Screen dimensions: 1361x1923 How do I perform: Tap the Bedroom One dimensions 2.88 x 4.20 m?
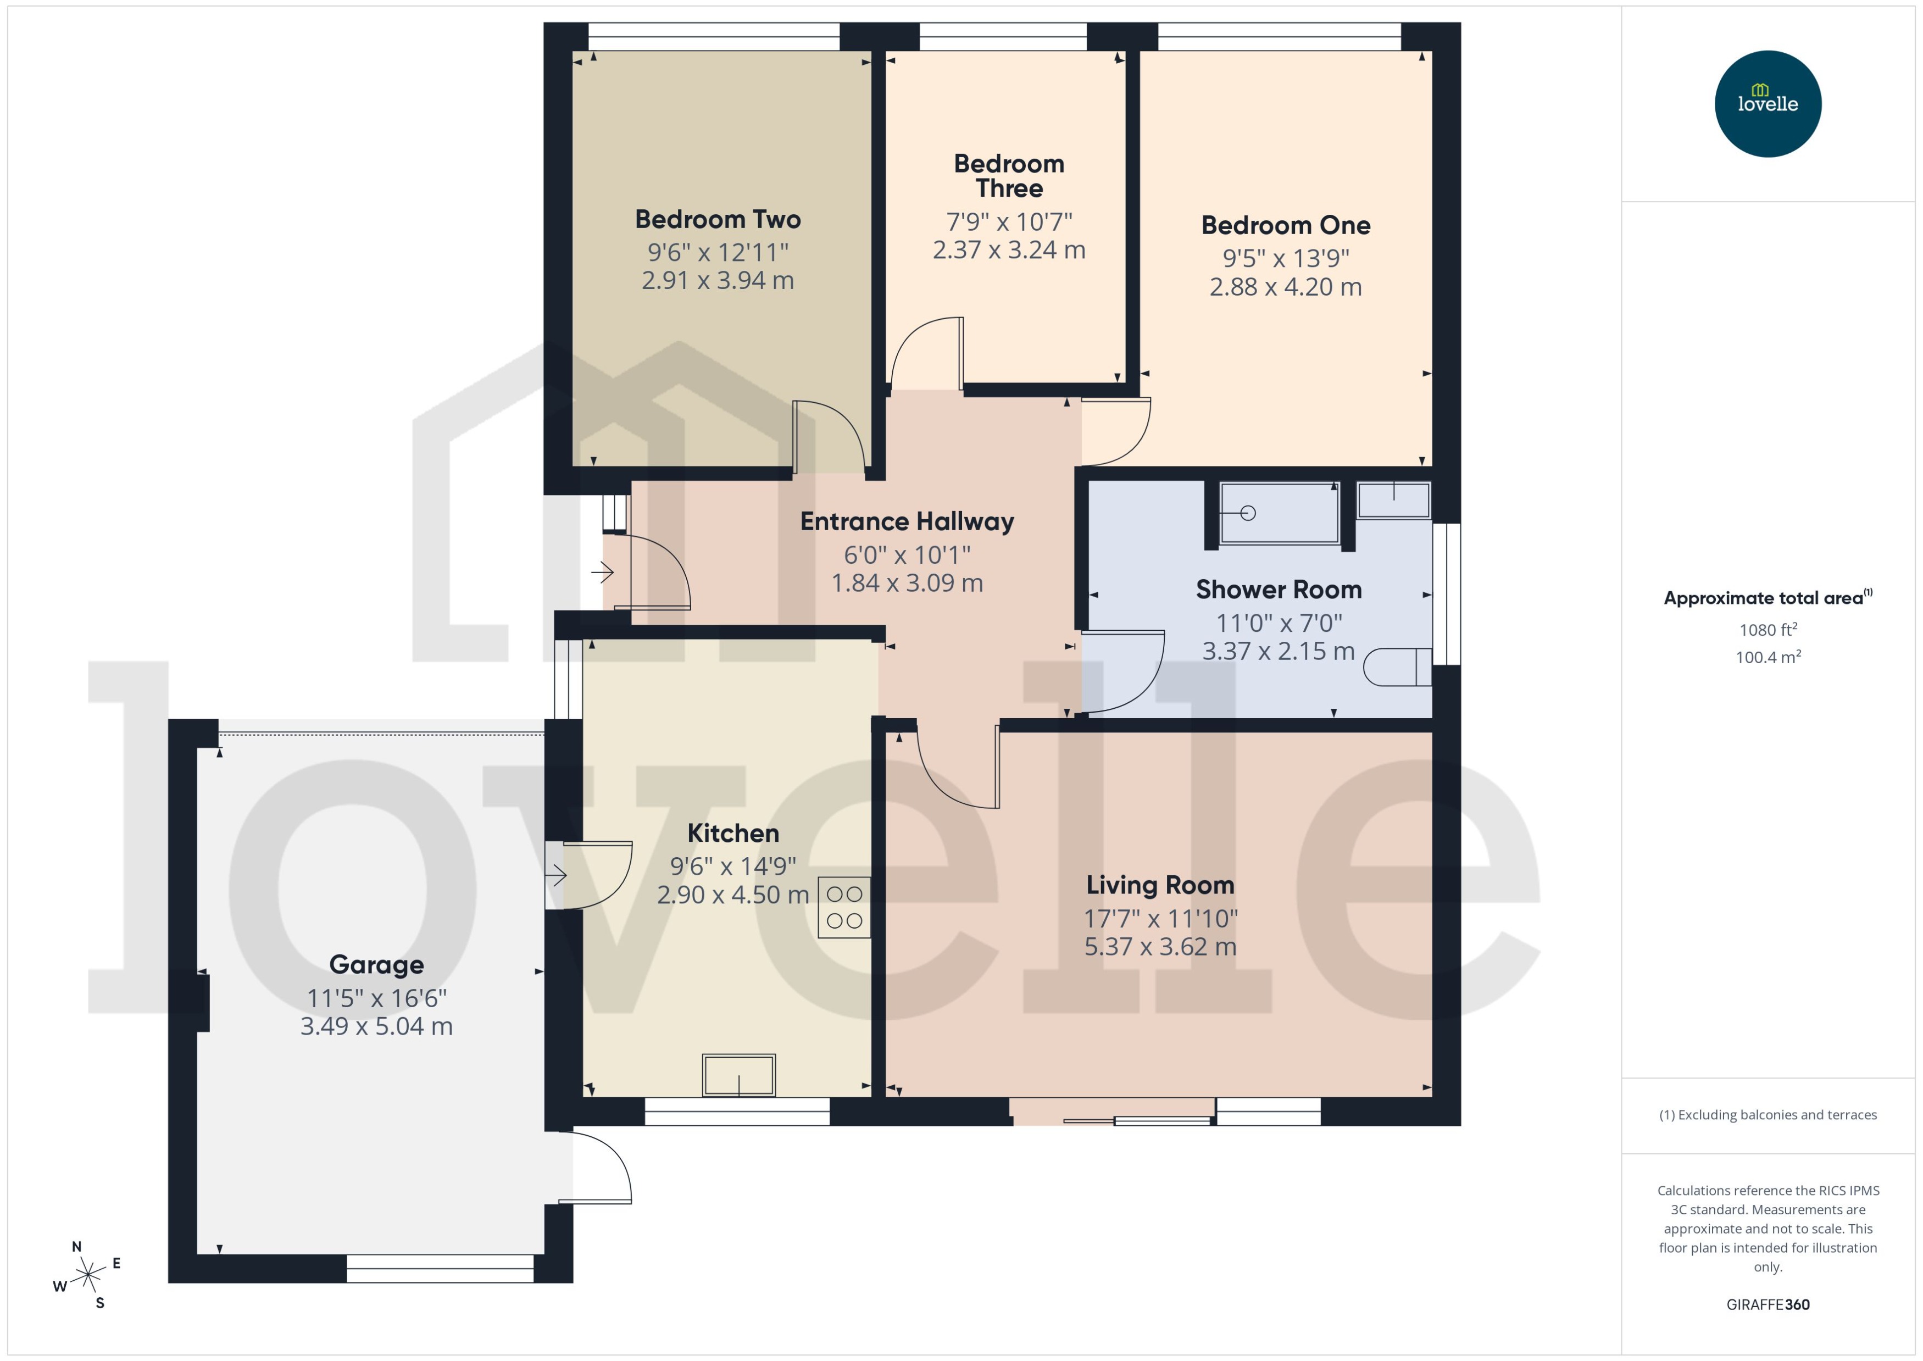point(1285,287)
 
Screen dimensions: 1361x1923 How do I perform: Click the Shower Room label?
point(1278,590)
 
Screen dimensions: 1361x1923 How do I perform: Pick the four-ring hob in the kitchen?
point(844,907)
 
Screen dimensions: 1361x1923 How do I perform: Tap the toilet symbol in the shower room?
point(1396,667)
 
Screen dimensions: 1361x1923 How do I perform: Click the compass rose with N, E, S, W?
point(87,1275)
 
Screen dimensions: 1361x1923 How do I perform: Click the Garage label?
point(376,965)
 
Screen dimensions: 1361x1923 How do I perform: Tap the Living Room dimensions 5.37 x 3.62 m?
point(1160,947)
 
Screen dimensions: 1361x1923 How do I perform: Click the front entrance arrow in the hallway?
point(603,573)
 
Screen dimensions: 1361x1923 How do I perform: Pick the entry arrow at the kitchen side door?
point(557,876)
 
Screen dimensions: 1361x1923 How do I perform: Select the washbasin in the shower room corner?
point(1393,501)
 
